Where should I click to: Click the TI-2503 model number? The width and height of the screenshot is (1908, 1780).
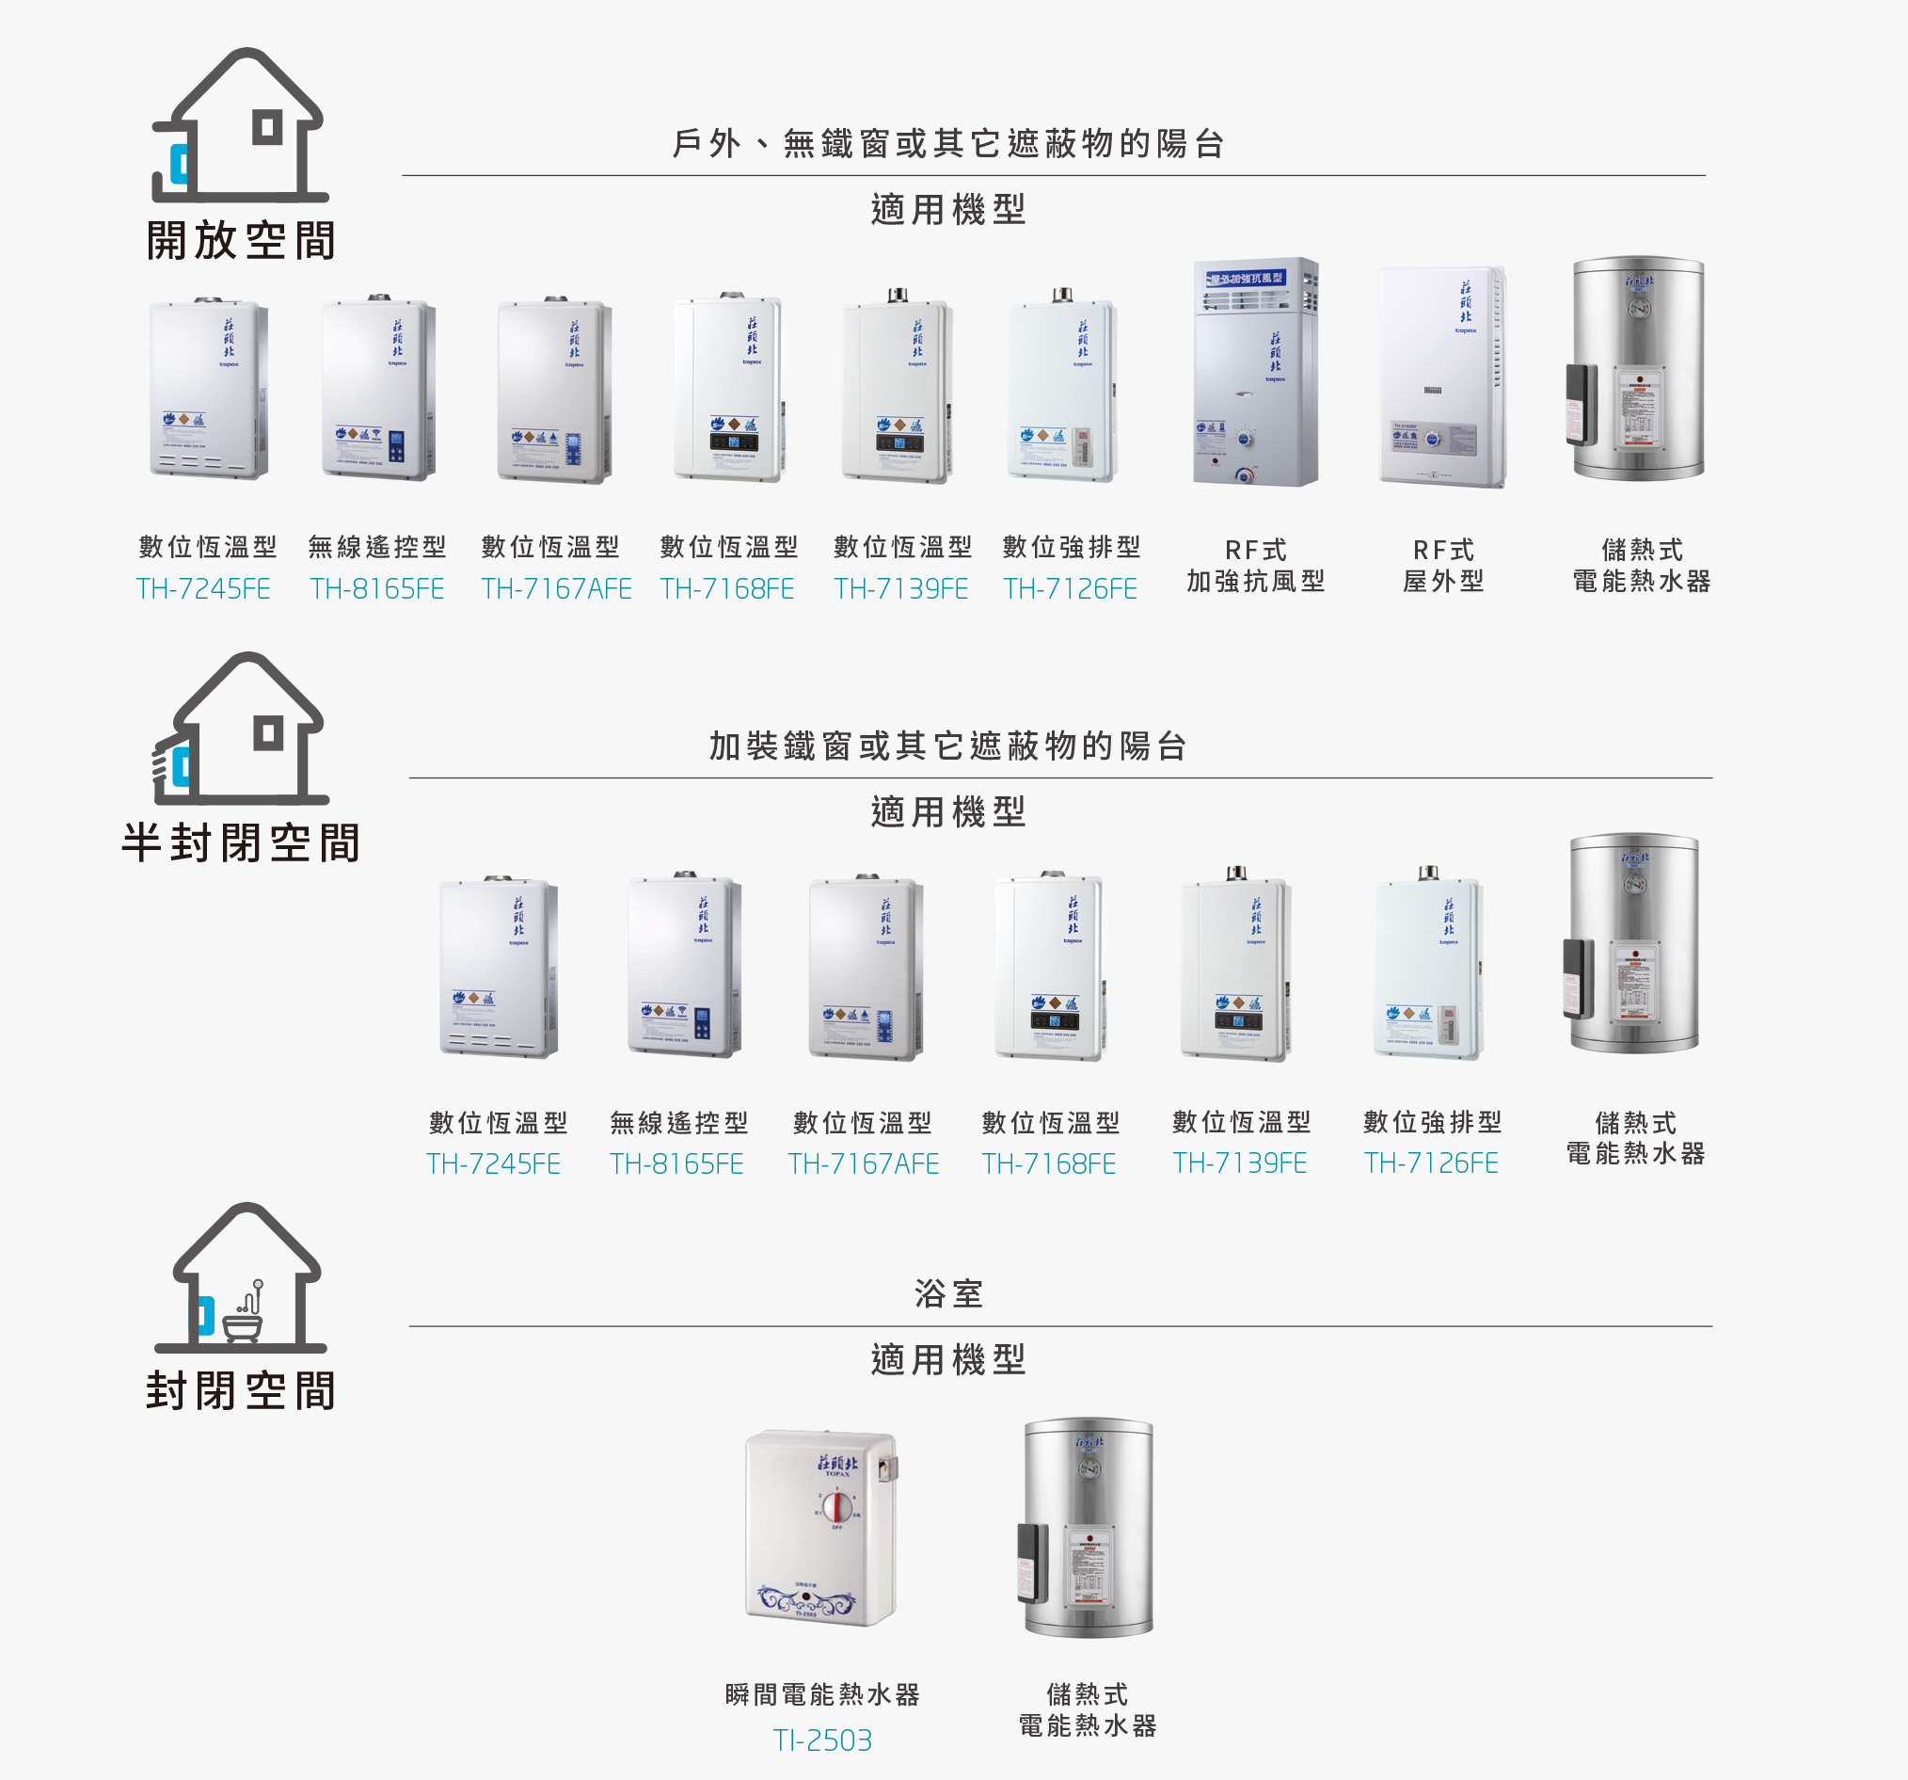tap(822, 1740)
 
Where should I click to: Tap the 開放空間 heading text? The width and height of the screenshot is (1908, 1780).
tap(241, 240)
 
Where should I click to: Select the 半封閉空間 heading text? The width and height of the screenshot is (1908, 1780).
tap(241, 843)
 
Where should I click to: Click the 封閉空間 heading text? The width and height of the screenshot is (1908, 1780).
tap(241, 1390)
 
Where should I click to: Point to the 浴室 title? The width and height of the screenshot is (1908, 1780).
tap(948, 1294)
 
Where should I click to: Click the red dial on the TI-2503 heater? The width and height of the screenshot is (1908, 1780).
tap(836, 1506)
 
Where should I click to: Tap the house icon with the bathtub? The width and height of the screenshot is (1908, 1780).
tap(243, 1278)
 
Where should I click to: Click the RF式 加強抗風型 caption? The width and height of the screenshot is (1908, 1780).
tap(1255, 566)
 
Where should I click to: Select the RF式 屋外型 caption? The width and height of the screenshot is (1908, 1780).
tap(1442, 566)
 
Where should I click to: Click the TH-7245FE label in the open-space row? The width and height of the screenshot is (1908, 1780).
tap(203, 588)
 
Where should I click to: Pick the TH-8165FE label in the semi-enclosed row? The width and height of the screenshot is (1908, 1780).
tap(676, 1163)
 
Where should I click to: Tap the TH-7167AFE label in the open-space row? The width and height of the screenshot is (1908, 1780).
tap(556, 588)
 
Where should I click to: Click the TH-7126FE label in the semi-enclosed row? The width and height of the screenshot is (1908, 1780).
tap(1431, 1163)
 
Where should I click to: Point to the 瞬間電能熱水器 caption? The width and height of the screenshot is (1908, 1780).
tap(822, 1694)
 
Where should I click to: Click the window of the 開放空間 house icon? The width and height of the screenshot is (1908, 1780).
tap(268, 127)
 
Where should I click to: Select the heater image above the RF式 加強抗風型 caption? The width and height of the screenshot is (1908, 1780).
tap(1255, 372)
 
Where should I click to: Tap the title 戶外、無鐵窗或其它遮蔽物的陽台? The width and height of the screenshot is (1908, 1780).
tap(948, 144)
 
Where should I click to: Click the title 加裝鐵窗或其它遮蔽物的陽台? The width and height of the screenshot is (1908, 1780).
tap(948, 746)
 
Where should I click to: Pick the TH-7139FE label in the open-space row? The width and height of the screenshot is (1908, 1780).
tap(901, 588)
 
